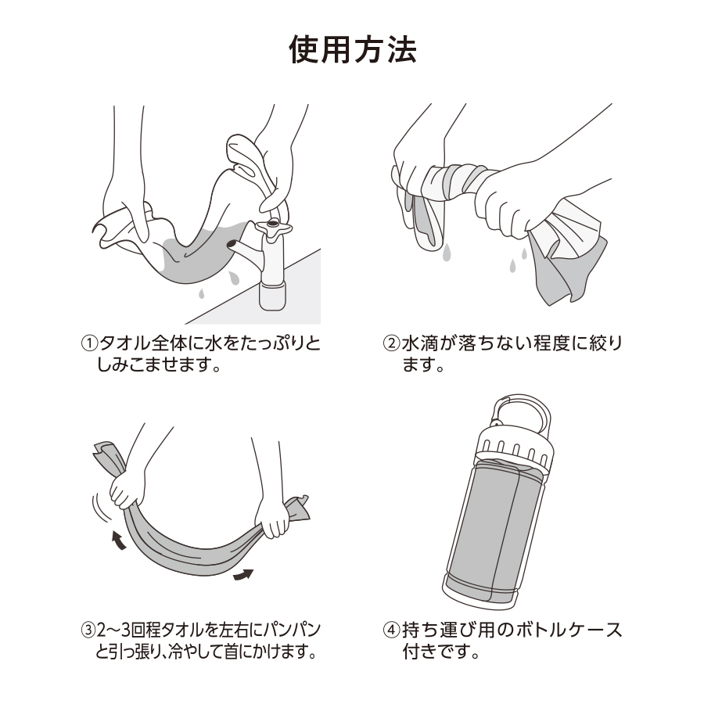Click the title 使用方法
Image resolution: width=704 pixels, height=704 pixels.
click(x=352, y=49)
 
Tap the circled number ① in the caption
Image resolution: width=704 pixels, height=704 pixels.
click(x=91, y=344)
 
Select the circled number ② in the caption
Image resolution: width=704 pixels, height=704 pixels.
click(x=390, y=344)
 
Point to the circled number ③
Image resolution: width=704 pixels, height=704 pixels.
click(x=91, y=630)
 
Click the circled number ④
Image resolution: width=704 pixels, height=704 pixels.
click(x=390, y=630)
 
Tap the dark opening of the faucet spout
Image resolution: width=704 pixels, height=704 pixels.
click(x=232, y=247)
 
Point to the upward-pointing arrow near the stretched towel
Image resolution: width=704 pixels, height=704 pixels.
click(x=117, y=539)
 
